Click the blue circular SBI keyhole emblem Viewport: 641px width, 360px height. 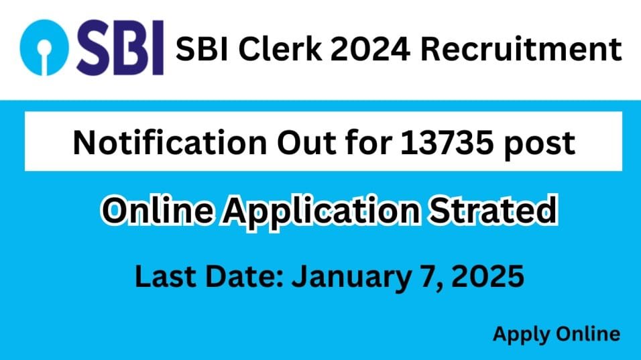pos(44,48)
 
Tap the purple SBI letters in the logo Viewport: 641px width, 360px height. pos(120,48)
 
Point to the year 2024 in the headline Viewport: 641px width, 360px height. pos(370,50)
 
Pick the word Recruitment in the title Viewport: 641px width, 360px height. pos(521,50)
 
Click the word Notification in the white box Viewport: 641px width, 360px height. pos(170,142)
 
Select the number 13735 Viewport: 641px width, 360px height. pos(447,143)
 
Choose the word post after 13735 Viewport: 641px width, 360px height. pos(540,145)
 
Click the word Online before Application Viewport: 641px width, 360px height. pos(158,210)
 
